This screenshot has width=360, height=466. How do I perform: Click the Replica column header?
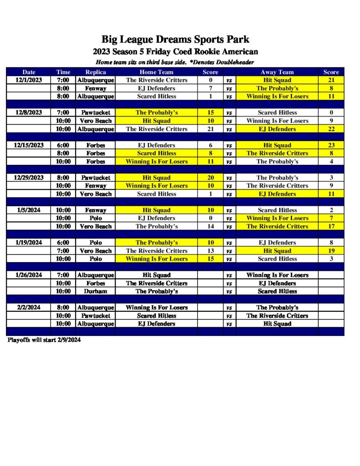[x=96, y=72]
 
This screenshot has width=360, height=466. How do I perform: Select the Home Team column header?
[x=156, y=72]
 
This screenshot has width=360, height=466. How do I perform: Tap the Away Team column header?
[x=277, y=72]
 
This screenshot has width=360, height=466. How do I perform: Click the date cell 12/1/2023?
[x=29, y=80]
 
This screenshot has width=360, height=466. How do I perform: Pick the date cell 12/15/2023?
[x=29, y=145]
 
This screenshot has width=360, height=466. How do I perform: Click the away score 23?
[x=331, y=145]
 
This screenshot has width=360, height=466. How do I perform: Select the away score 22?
[x=331, y=129]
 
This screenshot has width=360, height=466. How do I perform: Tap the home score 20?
[x=210, y=177]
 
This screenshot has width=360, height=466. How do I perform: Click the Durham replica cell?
[x=96, y=291]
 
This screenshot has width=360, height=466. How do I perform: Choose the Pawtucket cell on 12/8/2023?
[x=96, y=112]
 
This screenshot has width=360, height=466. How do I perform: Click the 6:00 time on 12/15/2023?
[x=63, y=145]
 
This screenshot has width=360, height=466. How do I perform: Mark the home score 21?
[x=210, y=129]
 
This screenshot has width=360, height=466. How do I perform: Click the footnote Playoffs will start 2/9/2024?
[x=44, y=340]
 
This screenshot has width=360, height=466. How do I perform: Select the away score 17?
[x=331, y=226]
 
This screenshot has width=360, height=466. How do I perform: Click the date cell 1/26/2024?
[x=29, y=275]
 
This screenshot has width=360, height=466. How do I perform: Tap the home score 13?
[x=210, y=251]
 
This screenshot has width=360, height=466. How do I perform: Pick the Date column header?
[x=29, y=72]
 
